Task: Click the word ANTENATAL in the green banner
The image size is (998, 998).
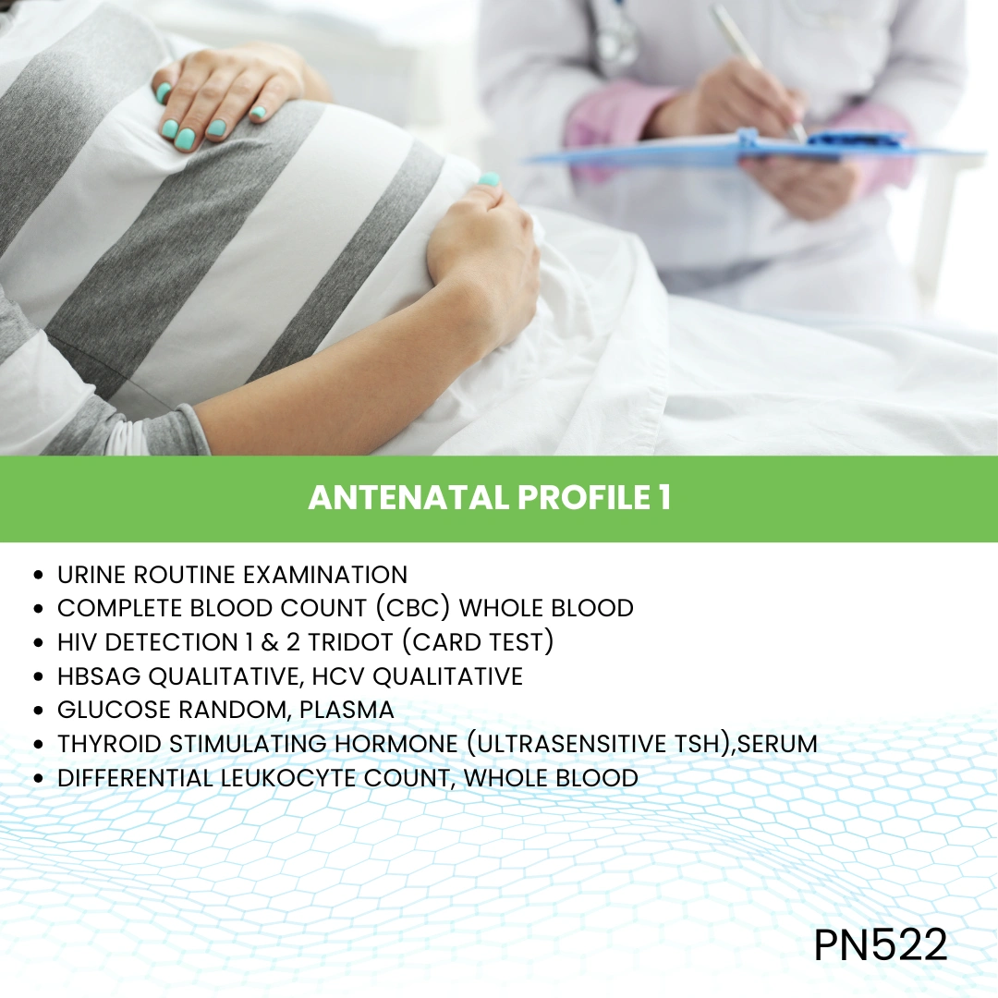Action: tap(408, 498)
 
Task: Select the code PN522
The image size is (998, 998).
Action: tap(881, 944)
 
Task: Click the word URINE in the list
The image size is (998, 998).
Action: tap(91, 575)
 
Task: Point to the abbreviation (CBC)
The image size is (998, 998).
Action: tap(413, 608)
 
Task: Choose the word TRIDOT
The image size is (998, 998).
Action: tap(351, 642)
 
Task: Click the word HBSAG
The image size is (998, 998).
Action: tap(99, 675)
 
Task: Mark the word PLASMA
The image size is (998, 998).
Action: tap(347, 710)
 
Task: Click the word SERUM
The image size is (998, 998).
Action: tap(777, 744)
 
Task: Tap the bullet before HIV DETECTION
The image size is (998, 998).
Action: tap(40, 643)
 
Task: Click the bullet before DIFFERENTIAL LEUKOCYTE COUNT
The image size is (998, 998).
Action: tap(40, 778)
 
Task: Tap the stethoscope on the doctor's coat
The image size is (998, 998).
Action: tap(615, 35)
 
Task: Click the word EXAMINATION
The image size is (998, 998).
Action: tap(325, 575)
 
